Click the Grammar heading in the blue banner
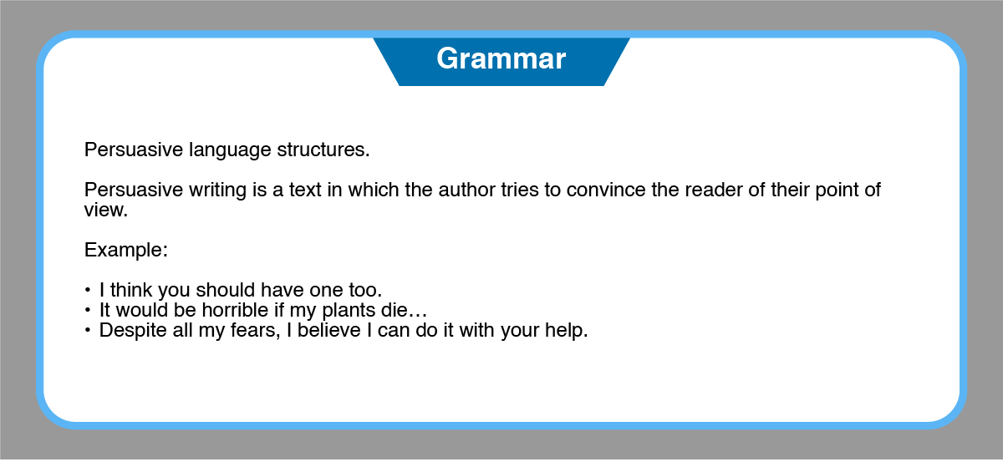pyautogui.click(x=501, y=59)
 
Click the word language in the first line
pyautogui.click(x=230, y=150)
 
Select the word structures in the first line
pyautogui.click(x=323, y=150)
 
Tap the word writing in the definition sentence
pyautogui.click(x=217, y=190)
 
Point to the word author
pyautogui.click(x=466, y=190)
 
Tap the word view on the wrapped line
pyautogui.click(x=106, y=210)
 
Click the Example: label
pyautogui.click(x=126, y=250)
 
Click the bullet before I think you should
pyautogui.click(x=87, y=290)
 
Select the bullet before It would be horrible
pyautogui.click(x=87, y=310)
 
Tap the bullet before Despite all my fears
pyautogui.click(x=87, y=331)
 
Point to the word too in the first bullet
pyautogui.click(x=365, y=290)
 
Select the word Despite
pyautogui.click(x=133, y=331)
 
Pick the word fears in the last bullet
pyautogui.click(x=255, y=331)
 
